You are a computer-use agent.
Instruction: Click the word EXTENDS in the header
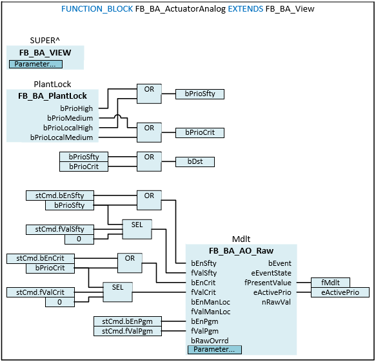(245, 9)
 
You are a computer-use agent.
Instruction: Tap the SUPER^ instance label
(45, 40)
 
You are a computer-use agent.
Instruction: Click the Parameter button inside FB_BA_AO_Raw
(214, 349)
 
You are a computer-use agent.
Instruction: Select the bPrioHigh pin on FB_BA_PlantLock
(76, 108)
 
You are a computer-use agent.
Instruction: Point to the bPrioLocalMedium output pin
(61, 137)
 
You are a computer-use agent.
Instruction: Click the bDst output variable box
(195, 162)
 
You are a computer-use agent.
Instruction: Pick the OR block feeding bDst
(149, 161)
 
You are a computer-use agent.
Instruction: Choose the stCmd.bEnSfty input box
(60, 196)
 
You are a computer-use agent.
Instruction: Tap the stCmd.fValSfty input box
(60, 229)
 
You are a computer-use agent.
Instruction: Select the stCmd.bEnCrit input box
(40, 258)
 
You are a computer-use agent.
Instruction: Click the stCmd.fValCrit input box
(40, 292)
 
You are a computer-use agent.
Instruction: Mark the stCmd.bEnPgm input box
(127, 321)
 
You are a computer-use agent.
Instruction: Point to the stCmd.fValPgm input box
(127, 331)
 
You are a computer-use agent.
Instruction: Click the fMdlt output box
(330, 283)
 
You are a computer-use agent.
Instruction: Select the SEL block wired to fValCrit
(117, 292)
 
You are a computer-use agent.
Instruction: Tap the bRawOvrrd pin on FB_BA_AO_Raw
(210, 341)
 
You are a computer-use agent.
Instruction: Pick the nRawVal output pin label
(276, 302)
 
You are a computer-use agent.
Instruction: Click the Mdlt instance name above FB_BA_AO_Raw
(241, 239)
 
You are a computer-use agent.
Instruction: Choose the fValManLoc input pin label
(210, 312)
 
